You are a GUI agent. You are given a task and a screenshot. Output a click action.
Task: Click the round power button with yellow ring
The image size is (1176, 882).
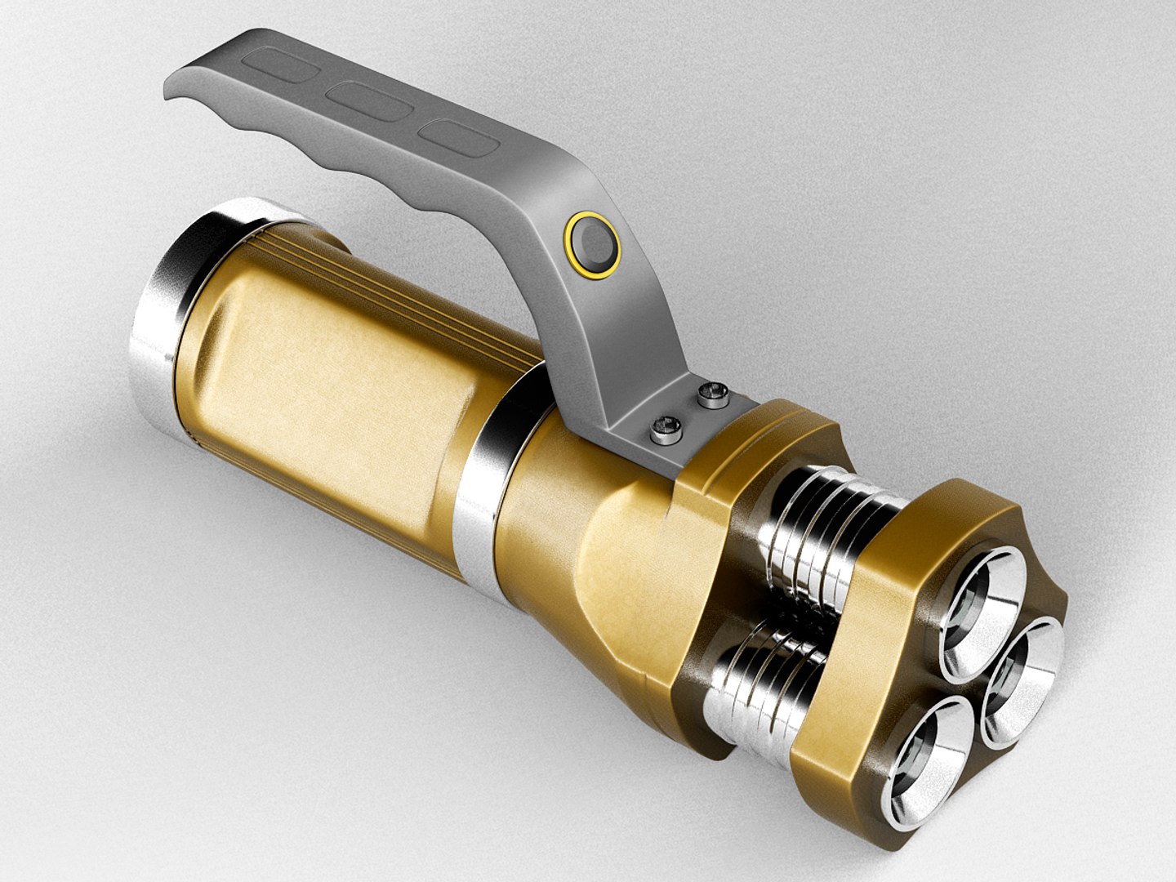pyautogui.click(x=592, y=244)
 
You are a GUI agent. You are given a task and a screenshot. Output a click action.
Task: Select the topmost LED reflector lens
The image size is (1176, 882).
pyautogui.click(x=982, y=603)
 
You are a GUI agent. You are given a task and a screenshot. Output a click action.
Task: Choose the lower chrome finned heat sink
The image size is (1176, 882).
pyautogui.click(x=764, y=678)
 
